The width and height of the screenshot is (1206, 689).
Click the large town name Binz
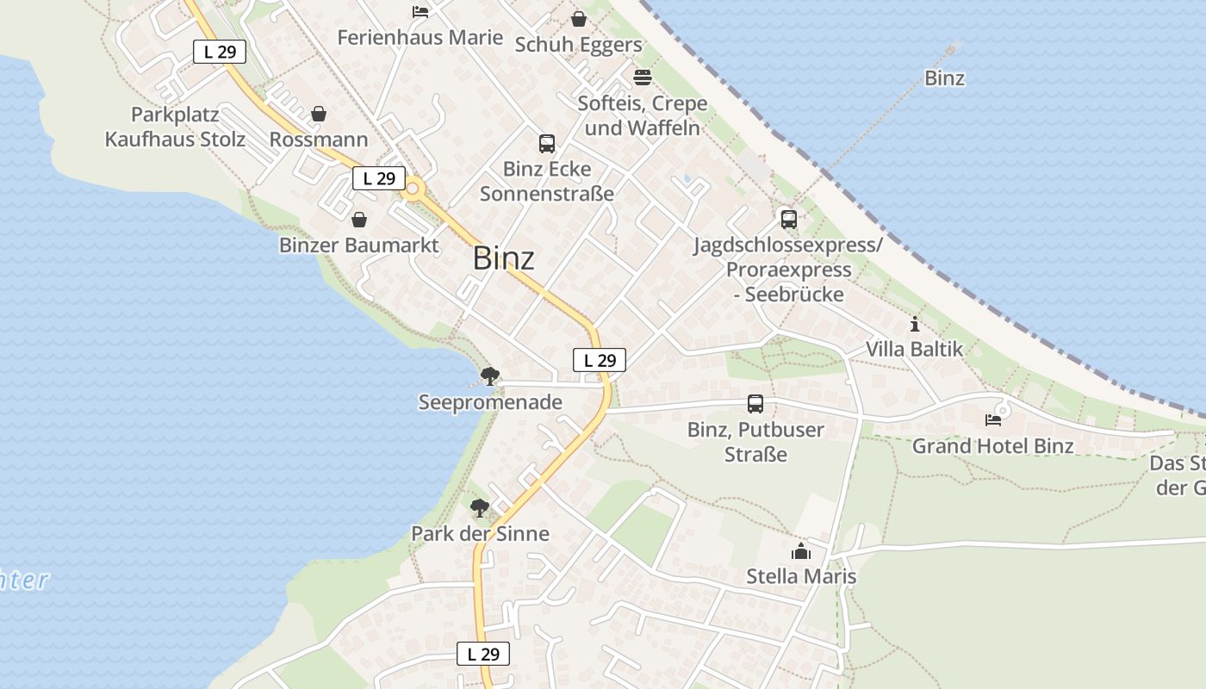click(503, 258)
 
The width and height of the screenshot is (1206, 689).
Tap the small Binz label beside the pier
click(944, 78)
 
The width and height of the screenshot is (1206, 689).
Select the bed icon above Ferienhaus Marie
click(420, 12)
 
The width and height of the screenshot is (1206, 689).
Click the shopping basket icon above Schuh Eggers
click(579, 19)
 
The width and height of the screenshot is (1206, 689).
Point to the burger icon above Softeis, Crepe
click(642, 78)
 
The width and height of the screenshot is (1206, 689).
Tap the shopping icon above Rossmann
click(319, 114)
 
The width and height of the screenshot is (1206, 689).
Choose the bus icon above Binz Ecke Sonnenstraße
click(546, 143)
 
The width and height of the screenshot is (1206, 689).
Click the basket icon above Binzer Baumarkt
click(359, 220)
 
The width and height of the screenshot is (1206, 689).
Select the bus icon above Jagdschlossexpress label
click(788, 219)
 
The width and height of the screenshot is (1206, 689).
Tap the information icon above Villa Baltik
click(914, 325)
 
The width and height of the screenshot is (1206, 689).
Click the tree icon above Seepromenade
click(490, 376)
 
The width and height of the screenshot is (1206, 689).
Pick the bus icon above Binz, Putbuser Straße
click(755, 403)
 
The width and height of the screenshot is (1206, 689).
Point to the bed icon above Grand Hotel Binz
click(993, 420)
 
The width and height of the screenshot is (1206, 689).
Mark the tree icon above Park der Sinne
click(480, 508)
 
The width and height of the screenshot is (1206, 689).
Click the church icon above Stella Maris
click(801, 551)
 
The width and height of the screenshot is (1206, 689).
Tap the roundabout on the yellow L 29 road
click(413, 189)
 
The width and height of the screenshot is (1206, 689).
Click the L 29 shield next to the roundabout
click(378, 178)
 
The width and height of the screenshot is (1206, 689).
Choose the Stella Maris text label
click(801, 576)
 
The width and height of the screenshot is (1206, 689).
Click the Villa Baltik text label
click(914, 350)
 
